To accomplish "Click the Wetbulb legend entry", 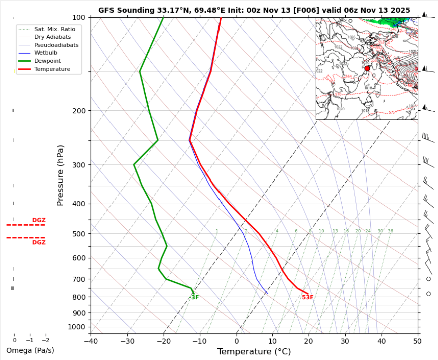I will (x=46, y=53).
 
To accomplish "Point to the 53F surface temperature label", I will (x=308, y=297).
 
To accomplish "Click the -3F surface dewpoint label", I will (x=194, y=297).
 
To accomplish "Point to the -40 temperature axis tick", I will (x=91, y=341).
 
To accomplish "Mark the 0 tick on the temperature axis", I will (x=237, y=341).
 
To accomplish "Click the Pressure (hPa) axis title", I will (x=60, y=175).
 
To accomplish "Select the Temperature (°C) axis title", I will (x=254, y=352).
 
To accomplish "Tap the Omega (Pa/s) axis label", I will (x=30, y=350).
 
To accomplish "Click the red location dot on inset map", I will (x=367, y=68).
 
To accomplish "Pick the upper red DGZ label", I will (x=39, y=220).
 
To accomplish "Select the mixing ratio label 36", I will (x=390, y=231).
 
